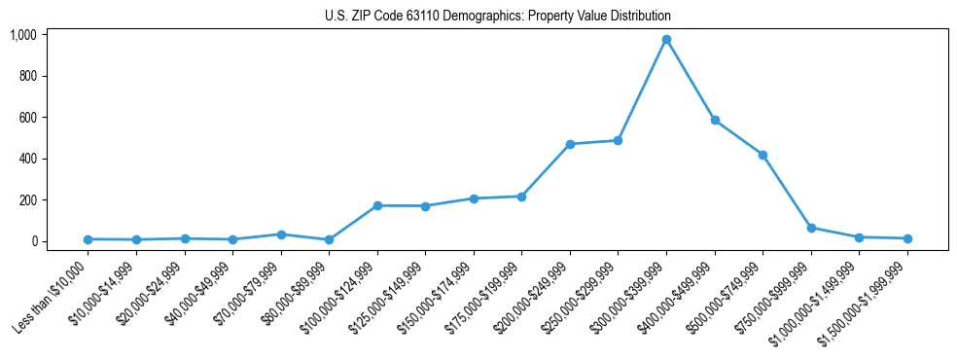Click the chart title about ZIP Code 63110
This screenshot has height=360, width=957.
pos(497,17)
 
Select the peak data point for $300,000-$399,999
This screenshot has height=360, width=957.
pos(666,40)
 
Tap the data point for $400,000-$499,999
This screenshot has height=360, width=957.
pos(715,121)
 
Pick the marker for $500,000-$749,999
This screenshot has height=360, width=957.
pos(762,155)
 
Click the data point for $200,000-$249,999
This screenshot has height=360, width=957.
pos(570,144)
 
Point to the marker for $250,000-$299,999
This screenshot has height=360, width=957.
pos(618,140)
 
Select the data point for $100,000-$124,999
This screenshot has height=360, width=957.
pos(377,205)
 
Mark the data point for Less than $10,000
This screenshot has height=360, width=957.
pos(88,239)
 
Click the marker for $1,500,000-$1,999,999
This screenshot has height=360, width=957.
pos(907,238)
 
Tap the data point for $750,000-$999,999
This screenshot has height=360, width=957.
pos(811,228)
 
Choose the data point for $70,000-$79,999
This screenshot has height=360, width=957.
pos(281,234)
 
